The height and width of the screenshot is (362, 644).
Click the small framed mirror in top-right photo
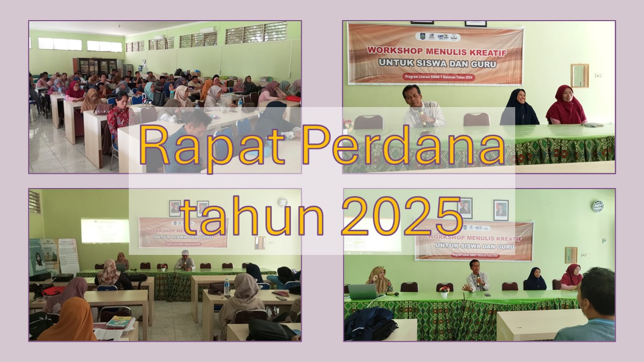580,75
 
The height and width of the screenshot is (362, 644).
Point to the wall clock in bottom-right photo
597,206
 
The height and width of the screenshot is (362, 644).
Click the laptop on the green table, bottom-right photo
362,292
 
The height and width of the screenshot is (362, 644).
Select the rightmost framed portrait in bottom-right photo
501,210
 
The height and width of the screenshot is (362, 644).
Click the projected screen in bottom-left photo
105,230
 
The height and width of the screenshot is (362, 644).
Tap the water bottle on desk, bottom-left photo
226,287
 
